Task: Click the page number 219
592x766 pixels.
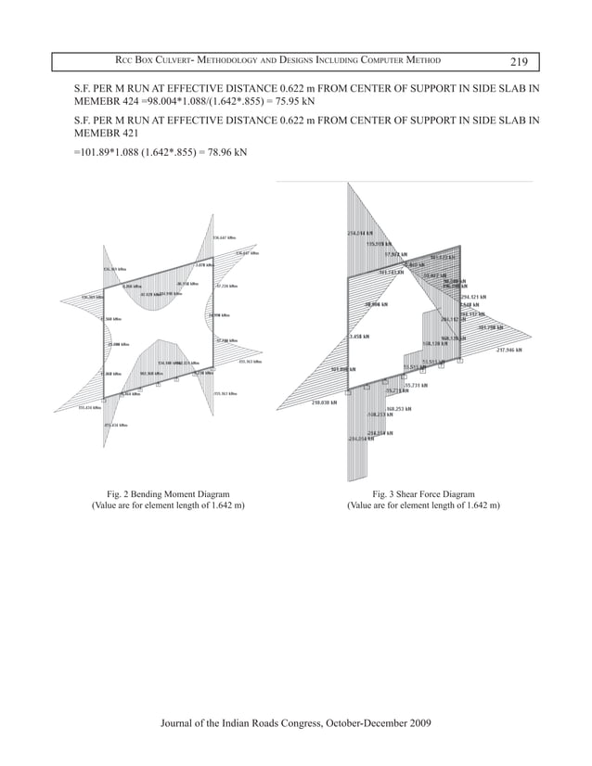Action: [x=519, y=62]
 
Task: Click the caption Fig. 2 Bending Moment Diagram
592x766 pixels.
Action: [x=163, y=495]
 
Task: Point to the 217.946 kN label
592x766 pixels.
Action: [x=509, y=350]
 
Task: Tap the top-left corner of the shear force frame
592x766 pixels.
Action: [x=347, y=276]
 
